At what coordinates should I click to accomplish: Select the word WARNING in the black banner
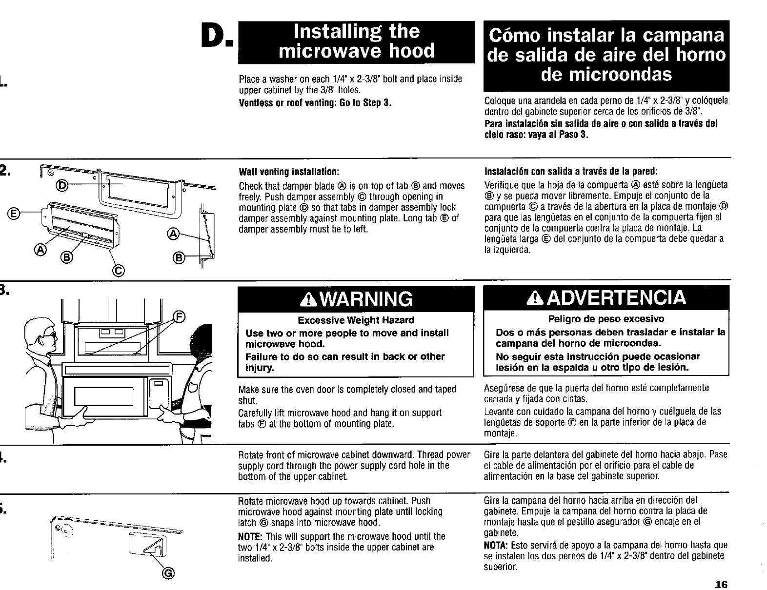point(363,299)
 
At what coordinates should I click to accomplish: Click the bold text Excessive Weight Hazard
point(356,320)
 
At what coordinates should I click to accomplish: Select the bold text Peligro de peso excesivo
point(606,319)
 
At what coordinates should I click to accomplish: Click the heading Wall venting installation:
point(288,172)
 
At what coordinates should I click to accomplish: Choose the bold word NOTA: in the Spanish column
point(495,544)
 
